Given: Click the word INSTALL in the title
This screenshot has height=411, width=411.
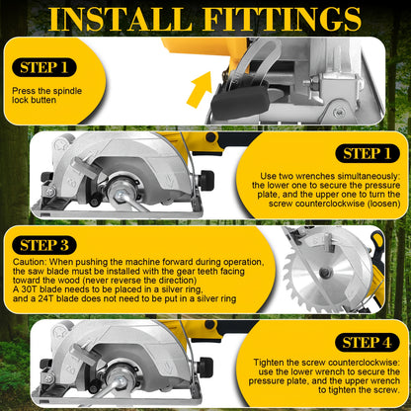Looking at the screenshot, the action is pos(121,19).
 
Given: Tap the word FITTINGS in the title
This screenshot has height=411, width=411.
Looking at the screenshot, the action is pos(283,19).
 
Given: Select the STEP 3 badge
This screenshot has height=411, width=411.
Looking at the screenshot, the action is pos(44,245).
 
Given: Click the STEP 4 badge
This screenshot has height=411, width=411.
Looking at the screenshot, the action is pos(368,343).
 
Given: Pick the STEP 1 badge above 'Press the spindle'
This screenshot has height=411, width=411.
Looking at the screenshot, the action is pos(44,67).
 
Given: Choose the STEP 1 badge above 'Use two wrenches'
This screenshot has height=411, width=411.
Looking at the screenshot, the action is pos(368,153).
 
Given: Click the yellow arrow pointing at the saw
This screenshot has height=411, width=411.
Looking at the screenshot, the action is pos(201,89).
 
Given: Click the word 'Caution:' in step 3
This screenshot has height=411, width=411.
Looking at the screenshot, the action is pos(30,262).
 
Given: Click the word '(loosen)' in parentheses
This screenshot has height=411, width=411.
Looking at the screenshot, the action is pos(383,204).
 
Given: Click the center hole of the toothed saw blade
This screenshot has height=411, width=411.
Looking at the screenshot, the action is pos(324,272).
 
